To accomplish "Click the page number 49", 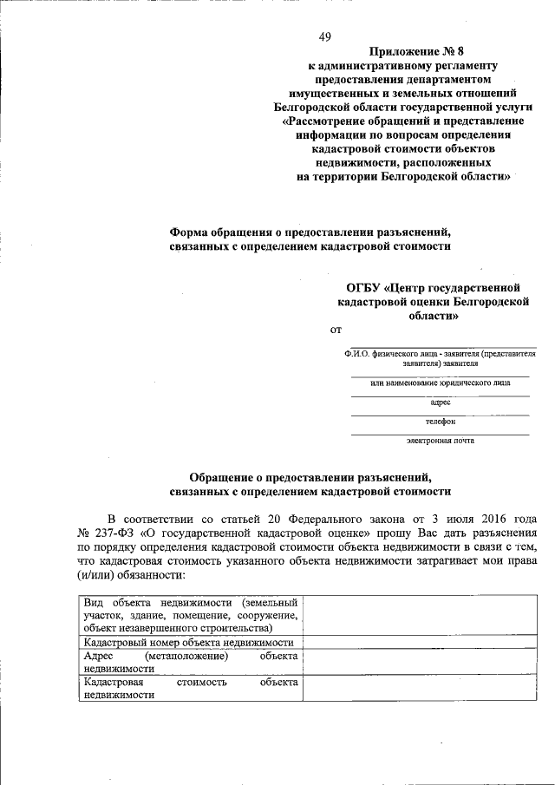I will pos(325,36).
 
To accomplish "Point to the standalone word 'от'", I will pos(337,330).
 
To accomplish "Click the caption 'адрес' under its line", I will pos(440,402).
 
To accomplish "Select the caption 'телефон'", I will pos(440,422).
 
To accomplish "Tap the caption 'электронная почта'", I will pos(440,441).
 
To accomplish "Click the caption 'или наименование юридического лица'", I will pos(440,383).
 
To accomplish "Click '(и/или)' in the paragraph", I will pos(97,575).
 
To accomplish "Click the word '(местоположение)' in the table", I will pos(186,657).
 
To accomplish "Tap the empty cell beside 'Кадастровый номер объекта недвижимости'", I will pos(428,643).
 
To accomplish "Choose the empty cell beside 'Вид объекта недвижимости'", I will pos(428,615).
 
